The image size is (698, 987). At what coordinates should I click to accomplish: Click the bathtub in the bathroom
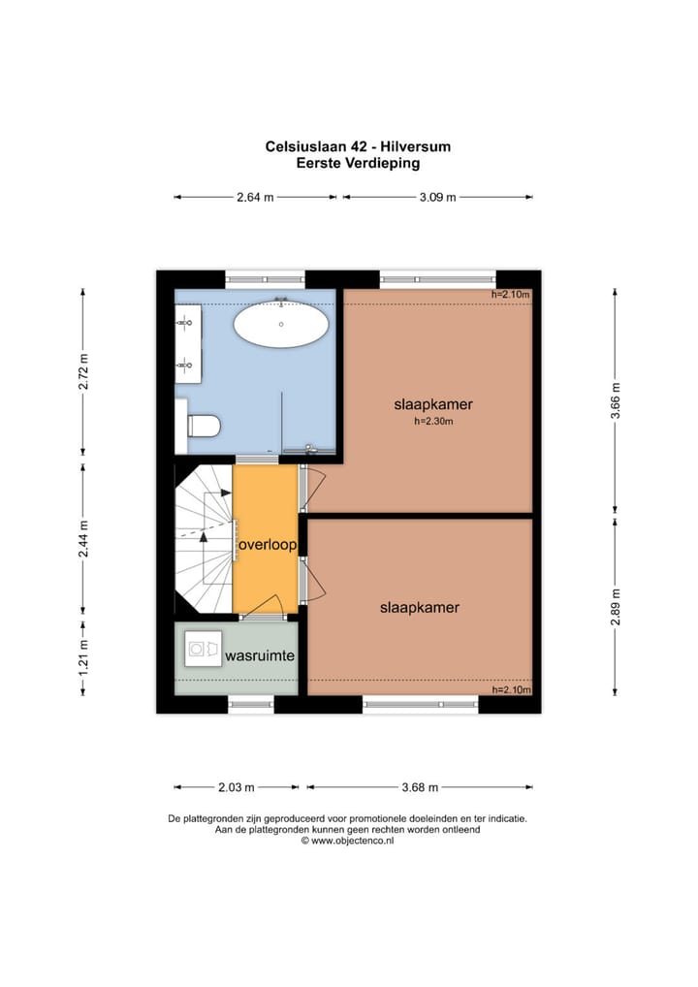pos(281,324)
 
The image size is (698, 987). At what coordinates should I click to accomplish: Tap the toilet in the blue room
pos(204,426)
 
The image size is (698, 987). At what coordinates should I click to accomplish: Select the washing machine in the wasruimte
pos(203,649)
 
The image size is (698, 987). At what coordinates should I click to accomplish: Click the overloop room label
pos(268,545)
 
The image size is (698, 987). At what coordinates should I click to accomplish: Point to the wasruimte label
pos(260,655)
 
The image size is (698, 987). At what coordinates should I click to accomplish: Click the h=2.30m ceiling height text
pos(433,421)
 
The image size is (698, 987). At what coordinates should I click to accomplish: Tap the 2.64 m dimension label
pos(255,197)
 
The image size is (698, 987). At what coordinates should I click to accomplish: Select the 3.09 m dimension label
pos(437,197)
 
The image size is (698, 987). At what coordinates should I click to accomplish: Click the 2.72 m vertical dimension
pos(83,371)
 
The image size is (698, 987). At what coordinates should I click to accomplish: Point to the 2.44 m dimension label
pos(83,539)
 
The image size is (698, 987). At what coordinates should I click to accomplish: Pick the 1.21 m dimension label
pos(83,657)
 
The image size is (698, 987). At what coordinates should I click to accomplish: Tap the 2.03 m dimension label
pos(236,787)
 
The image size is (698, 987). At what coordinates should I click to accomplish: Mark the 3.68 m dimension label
pos(420,787)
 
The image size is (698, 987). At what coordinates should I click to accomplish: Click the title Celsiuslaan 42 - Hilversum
pos(358,146)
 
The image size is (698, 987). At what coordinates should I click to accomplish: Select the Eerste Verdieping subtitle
pos(358,163)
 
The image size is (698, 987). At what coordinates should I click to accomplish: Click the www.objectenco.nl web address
pos(347,841)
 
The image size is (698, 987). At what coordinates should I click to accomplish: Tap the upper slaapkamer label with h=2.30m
pos(433,404)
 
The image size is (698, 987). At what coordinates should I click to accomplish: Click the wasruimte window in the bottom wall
pos(251,704)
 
